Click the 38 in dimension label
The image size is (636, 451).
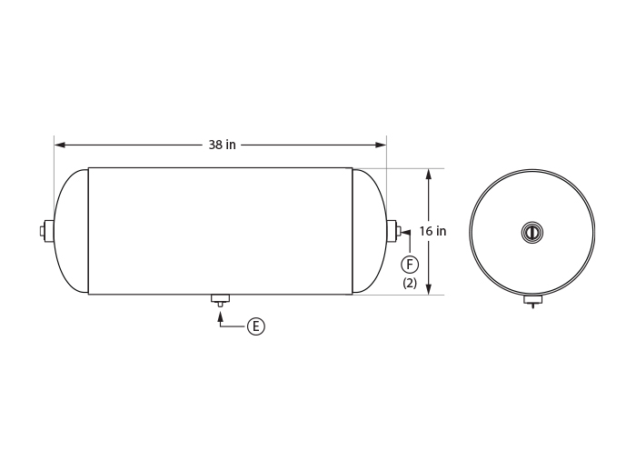click(x=222, y=145)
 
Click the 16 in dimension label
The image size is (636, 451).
click(x=432, y=232)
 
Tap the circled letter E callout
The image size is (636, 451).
click(x=256, y=326)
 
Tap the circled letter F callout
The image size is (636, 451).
click(x=410, y=264)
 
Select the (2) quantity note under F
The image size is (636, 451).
click(x=410, y=283)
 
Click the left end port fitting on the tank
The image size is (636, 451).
click(x=47, y=231)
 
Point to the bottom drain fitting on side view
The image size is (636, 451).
click(x=220, y=299)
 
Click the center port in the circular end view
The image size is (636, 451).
click(x=532, y=233)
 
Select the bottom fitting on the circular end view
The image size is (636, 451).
click(x=533, y=300)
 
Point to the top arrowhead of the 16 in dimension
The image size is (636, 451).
click(x=428, y=174)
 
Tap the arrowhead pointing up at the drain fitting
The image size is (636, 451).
click(x=220, y=313)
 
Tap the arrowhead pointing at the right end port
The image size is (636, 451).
click(x=405, y=233)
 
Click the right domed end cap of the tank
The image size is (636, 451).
click(x=368, y=231)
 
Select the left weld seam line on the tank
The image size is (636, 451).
click(x=88, y=231)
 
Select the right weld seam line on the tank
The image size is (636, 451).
click(x=353, y=231)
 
